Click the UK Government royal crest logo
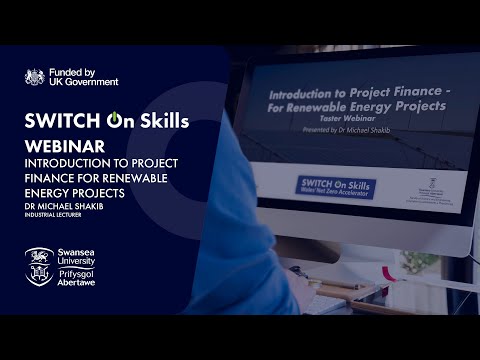click(x=36, y=76)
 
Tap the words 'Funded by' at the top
click(x=76, y=71)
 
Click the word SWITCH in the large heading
click(x=64, y=122)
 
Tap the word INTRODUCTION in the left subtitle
click(x=68, y=163)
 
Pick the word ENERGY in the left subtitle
click(x=49, y=191)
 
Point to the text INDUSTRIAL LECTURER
click(x=61, y=214)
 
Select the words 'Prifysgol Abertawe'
click(x=84, y=275)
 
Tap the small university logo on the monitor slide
click(x=420, y=183)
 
